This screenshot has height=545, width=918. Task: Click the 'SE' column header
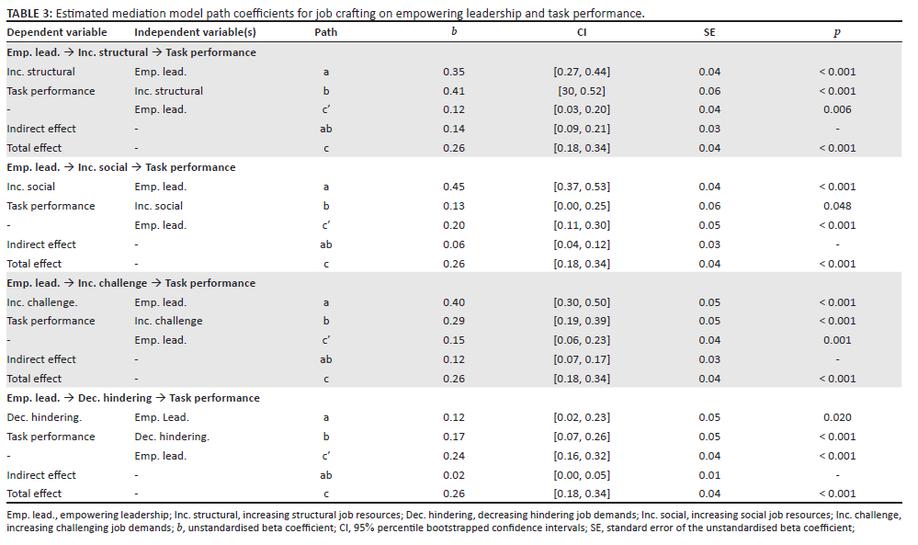[709, 32]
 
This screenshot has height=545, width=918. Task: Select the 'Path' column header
[325, 32]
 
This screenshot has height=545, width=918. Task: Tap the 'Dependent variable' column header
[57, 32]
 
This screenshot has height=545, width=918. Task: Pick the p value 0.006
[837, 109]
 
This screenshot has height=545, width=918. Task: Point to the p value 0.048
[837, 206]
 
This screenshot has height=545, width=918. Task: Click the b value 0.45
[454, 187]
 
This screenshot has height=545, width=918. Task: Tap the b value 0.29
[454, 321]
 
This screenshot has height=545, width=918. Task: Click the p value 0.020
[837, 417]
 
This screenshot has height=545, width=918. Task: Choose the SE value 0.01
[709, 475]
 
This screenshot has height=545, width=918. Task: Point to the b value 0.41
[454, 91]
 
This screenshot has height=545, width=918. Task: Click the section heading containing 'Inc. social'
[121, 167]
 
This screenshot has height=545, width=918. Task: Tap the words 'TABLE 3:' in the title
[29, 14]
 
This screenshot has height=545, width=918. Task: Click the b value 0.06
[454, 244]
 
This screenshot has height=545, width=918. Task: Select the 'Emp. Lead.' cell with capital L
[162, 417]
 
